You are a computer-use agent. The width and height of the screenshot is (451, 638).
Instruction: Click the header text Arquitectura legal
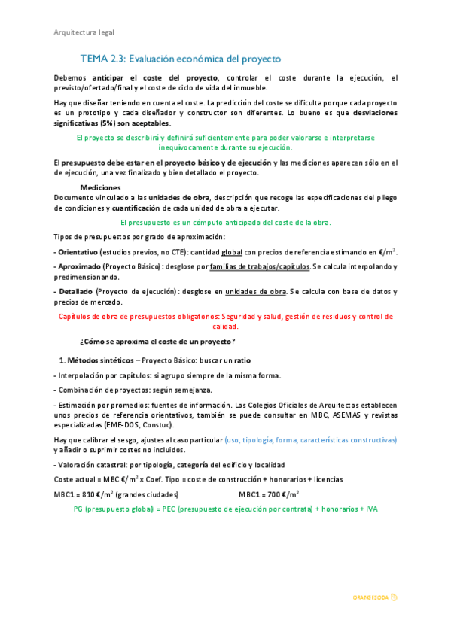[x=84, y=32]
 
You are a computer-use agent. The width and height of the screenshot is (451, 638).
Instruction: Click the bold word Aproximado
[x=78, y=266]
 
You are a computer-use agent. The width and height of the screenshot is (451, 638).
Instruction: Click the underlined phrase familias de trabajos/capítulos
[x=259, y=266]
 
